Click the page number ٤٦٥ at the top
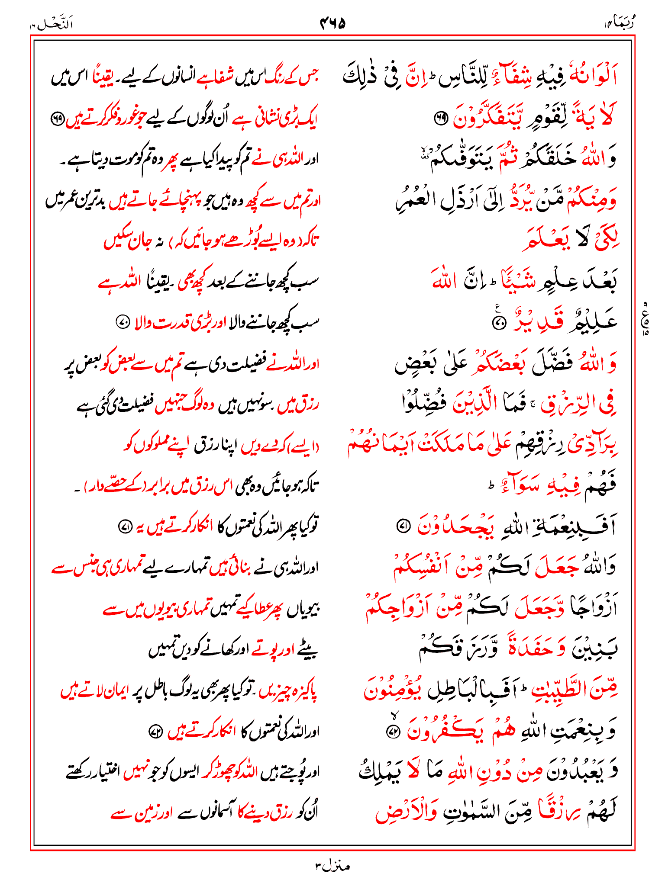tap(332, 22)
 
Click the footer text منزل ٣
tap(332, 866)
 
